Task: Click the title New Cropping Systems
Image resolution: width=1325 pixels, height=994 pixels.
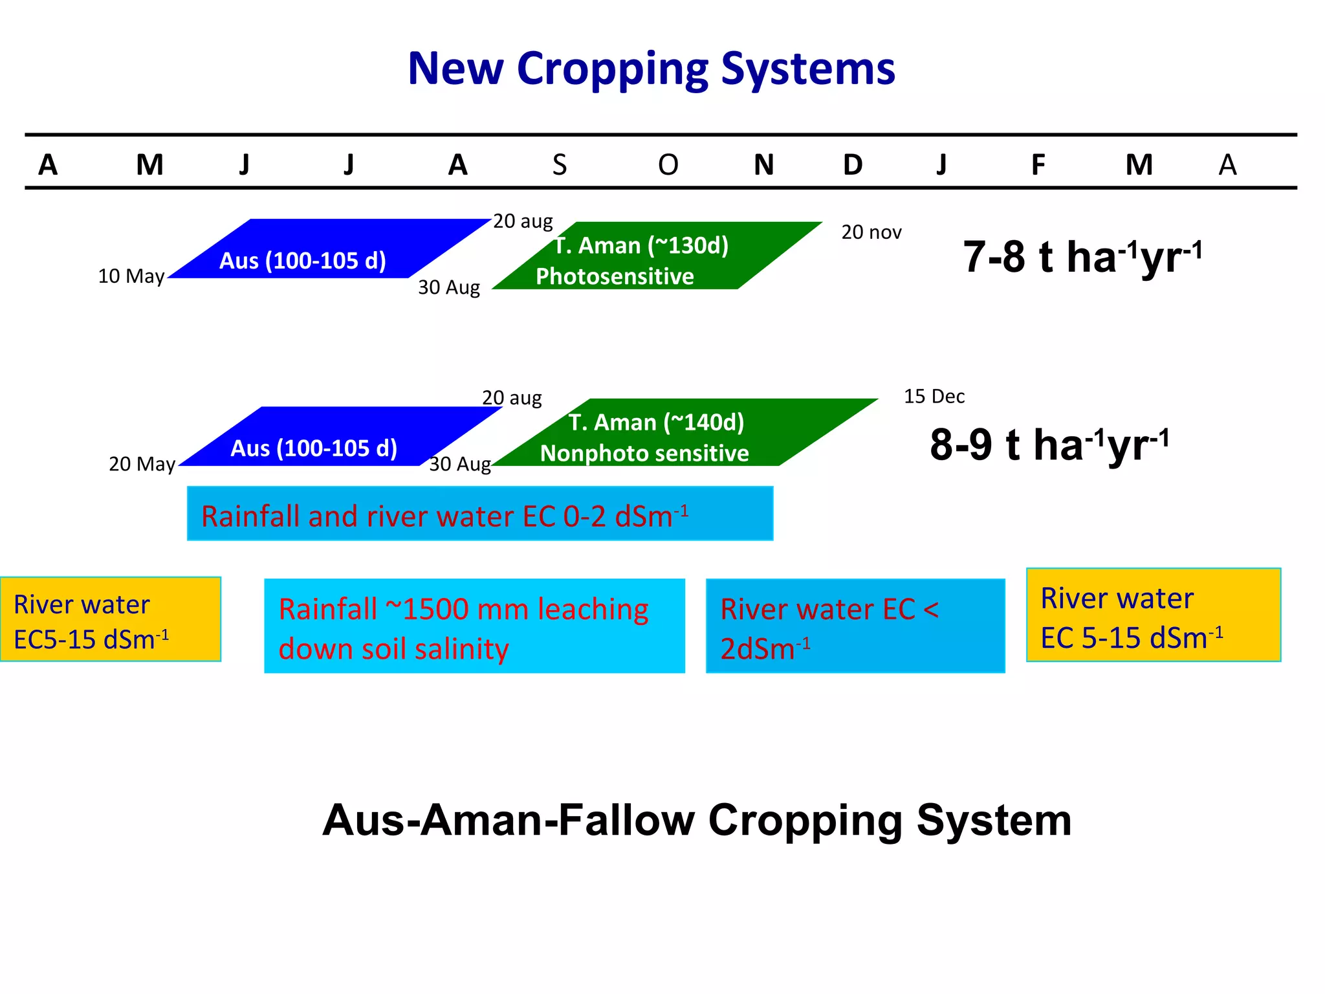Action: coord(651,69)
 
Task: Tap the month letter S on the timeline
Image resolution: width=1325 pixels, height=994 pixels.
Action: coord(560,165)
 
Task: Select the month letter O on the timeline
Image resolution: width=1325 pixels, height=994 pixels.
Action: coord(668,165)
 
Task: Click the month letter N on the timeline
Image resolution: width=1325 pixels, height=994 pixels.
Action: coord(763,165)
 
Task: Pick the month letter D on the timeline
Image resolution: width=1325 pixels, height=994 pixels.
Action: coord(853,165)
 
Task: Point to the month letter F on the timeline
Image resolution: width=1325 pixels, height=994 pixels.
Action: coord(1038,165)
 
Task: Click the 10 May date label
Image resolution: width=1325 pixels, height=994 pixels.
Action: coord(131,276)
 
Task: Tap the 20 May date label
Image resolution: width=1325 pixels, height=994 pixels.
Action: coord(142,464)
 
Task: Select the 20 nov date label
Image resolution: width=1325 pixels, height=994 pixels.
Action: coord(871,232)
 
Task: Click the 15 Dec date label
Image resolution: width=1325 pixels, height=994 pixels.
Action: coord(934,396)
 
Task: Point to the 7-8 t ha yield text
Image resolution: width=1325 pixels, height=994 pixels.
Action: coord(1082,257)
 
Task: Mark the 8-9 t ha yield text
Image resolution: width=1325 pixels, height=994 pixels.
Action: coord(1049,445)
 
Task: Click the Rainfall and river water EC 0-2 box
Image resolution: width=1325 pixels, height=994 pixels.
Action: coord(479,514)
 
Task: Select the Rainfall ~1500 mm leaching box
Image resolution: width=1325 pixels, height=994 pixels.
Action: coord(474,626)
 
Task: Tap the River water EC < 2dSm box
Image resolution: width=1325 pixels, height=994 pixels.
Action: coord(855,626)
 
